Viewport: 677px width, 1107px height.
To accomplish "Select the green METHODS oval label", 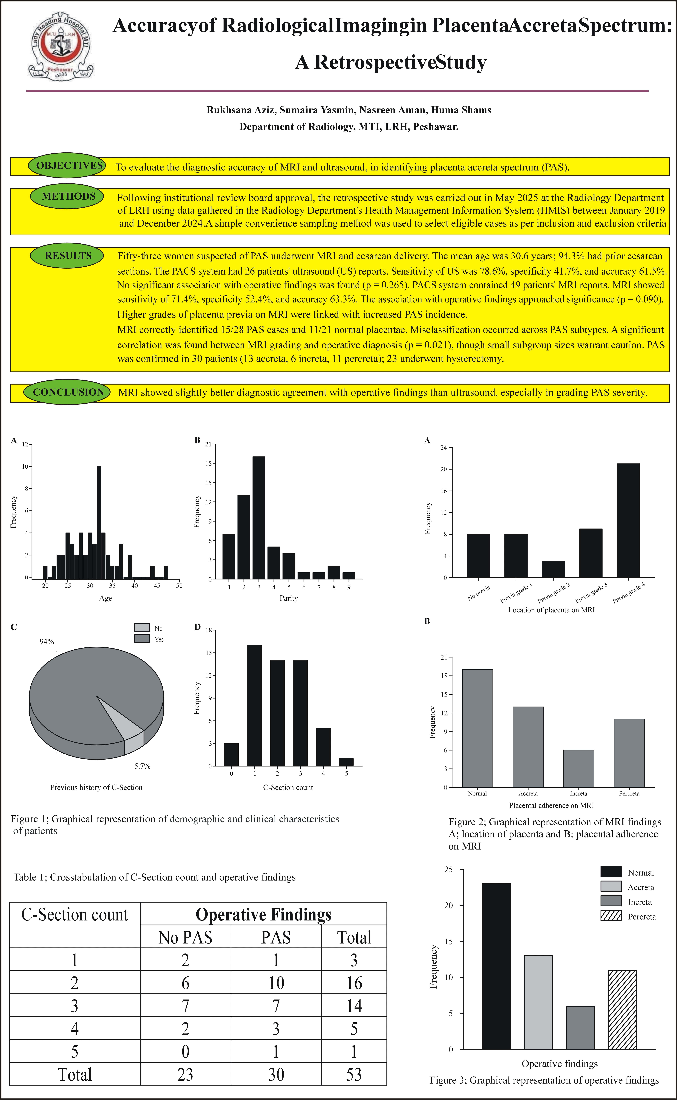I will pyautogui.click(x=67, y=197).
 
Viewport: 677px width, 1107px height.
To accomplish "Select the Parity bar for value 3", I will pyautogui.click(x=259, y=518).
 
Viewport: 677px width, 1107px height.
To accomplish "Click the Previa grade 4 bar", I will pyautogui.click(x=628, y=520).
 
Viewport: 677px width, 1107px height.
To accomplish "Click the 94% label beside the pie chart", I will pyautogui.click(x=47, y=642).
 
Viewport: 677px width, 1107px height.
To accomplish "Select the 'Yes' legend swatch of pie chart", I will pyautogui.click(x=142, y=639).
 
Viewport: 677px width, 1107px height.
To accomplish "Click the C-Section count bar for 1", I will pyautogui.click(x=254, y=705).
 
